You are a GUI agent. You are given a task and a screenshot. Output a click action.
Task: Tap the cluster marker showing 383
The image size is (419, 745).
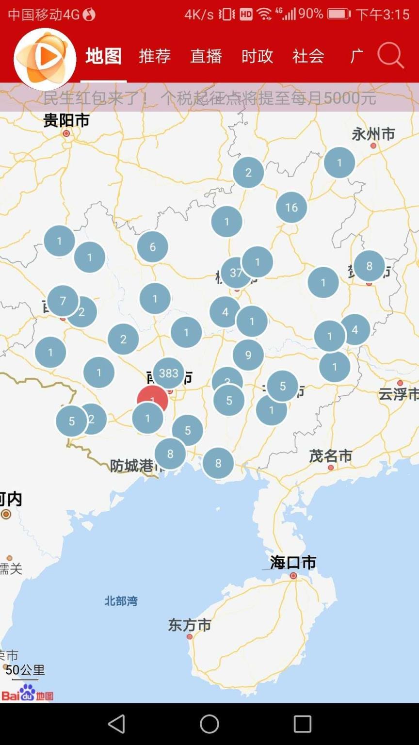169,373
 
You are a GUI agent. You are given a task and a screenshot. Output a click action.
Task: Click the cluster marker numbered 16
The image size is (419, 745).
291,208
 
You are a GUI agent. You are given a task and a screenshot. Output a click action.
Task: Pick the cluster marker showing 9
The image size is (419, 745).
248,355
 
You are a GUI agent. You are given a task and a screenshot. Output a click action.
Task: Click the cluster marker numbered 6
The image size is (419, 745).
153,247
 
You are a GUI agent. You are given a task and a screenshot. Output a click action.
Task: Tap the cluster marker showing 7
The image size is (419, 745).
63,301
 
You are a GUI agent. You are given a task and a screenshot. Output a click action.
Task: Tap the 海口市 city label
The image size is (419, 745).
293,563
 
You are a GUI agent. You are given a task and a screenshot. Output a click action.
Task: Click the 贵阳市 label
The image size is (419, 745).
66,120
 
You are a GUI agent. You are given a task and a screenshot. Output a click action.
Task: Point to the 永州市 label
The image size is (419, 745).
373,134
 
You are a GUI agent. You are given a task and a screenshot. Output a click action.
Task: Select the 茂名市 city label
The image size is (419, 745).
330,456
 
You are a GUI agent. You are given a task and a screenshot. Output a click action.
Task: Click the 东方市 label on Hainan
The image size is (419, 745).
190,625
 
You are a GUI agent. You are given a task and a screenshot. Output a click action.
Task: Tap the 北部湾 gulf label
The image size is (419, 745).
121,601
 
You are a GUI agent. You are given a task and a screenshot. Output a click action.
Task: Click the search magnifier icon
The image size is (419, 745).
390,55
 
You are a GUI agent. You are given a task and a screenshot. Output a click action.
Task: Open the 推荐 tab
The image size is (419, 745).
155,56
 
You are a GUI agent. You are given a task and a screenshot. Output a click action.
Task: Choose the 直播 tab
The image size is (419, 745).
206,56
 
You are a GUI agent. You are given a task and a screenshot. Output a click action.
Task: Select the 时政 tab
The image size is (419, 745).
257,56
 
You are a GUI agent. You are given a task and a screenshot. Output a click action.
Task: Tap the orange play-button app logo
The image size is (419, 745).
45,58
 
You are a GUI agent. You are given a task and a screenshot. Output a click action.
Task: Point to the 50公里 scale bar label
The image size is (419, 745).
25,670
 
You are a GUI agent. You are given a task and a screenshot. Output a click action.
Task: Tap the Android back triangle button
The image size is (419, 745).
116,724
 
